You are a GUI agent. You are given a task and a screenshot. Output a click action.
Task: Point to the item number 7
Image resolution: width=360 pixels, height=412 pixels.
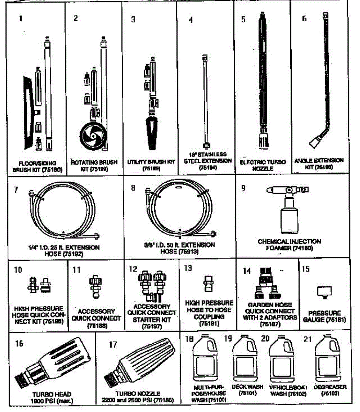click(x=16, y=189)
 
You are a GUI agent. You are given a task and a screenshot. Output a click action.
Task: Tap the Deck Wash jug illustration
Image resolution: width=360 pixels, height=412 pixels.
click(x=245, y=360)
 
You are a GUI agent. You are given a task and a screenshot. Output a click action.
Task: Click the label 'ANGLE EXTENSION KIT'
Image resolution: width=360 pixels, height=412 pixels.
click(x=319, y=163)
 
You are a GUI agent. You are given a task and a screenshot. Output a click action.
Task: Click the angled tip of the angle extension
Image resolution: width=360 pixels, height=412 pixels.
click(x=316, y=141)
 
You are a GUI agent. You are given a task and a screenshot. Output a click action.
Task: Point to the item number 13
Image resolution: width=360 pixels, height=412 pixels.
click(x=188, y=268)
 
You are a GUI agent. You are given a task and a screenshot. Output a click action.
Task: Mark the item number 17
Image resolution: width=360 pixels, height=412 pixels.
click(x=113, y=344)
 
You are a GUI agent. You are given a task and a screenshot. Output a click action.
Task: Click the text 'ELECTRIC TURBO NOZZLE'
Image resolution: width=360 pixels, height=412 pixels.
click(x=263, y=165)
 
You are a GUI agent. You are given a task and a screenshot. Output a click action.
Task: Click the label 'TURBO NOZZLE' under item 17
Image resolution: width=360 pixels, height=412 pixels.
click(x=138, y=394)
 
